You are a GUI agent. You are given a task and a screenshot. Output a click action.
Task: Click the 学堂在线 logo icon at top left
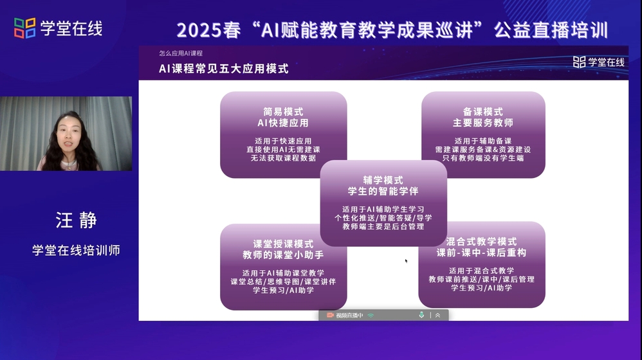[x=25, y=28]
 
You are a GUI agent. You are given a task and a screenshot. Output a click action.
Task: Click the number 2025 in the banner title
[x=199, y=30]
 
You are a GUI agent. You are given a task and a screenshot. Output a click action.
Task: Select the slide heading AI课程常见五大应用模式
[x=224, y=69]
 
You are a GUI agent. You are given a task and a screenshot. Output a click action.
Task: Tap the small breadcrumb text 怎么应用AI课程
[x=181, y=53]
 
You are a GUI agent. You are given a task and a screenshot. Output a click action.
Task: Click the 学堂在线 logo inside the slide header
[x=599, y=62]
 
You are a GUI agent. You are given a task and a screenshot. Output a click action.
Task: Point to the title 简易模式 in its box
[x=283, y=112]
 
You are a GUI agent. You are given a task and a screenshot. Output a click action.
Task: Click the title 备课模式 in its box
[x=483, y=112]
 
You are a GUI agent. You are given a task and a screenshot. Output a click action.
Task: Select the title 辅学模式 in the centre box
[x=383, y=180]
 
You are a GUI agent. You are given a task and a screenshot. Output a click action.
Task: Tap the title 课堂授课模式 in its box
[x=283, y=244]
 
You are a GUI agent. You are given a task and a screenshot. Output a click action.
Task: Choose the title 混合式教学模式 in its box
[x=481, y=241]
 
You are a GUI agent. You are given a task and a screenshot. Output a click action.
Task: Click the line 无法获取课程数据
[x=283, y=158]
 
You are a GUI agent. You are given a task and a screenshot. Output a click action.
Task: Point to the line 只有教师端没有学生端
[x=483, y=158]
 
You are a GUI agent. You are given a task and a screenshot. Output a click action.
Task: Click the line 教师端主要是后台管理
[x=383, y=227]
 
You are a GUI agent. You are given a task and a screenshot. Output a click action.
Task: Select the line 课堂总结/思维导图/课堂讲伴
[x=283, y=282]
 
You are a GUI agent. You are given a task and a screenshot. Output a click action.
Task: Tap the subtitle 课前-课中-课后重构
[x=481, y=253]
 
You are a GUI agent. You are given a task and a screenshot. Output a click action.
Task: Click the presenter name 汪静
[x=77, y=220]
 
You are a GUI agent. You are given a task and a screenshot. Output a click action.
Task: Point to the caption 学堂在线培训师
[x=76, y=250]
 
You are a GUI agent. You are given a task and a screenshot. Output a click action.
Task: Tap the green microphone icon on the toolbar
[x=421, y=315]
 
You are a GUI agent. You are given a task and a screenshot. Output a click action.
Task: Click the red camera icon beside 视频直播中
[x=330, y=315]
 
